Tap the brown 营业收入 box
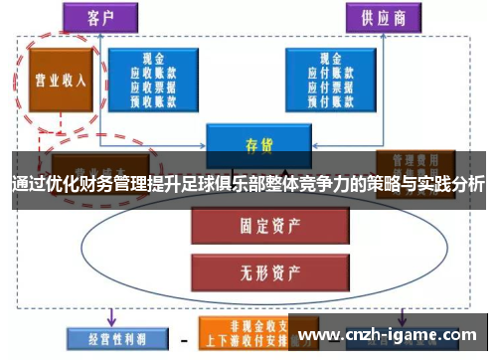point(59,81)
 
